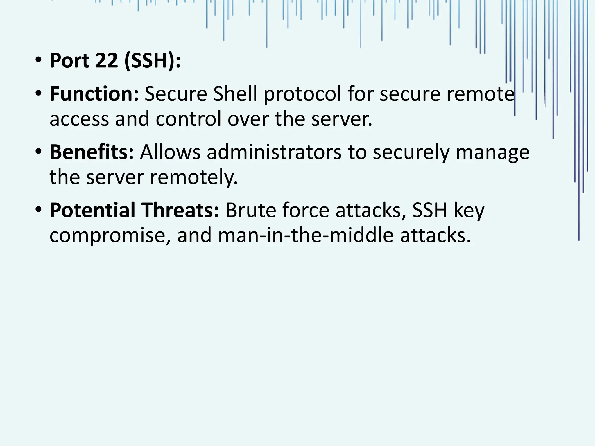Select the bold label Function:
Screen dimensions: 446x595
(x=94, y=94)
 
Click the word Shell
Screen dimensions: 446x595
(x=235, y=94)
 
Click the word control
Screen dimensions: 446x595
(x=189, y=119)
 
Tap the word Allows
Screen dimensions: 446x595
(x=170, y=152)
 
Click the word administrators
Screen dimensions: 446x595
(x=274, y=152)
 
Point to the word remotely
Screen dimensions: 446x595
(x=194, y=177)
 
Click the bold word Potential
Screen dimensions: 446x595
(x=92, y=210)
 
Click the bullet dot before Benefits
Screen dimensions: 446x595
(x=38, y=152)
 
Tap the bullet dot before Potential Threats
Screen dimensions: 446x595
(x=38, y=210)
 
